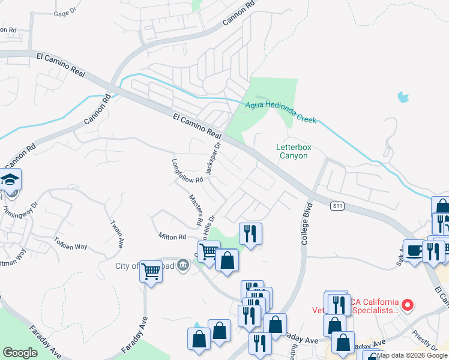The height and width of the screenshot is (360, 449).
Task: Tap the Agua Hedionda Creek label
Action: coord(280,112)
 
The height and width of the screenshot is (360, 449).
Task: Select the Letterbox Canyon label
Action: coord(292,151)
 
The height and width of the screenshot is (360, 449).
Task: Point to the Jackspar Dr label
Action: coord(213,158)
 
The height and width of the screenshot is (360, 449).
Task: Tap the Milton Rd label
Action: coord(173,237)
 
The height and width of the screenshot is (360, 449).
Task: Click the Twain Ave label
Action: coord(116,234)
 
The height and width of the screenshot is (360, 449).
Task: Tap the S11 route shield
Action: coord(338,206)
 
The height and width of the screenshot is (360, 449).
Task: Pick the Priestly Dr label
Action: coord(426,339)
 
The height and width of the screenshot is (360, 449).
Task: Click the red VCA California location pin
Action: coord(408,305)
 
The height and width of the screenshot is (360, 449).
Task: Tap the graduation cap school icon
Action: coord(10,179)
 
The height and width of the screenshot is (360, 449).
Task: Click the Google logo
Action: coord(20,353)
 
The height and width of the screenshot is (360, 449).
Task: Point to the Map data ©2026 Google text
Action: coord(412,355)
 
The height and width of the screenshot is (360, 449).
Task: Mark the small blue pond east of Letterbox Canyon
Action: coord(403,96)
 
